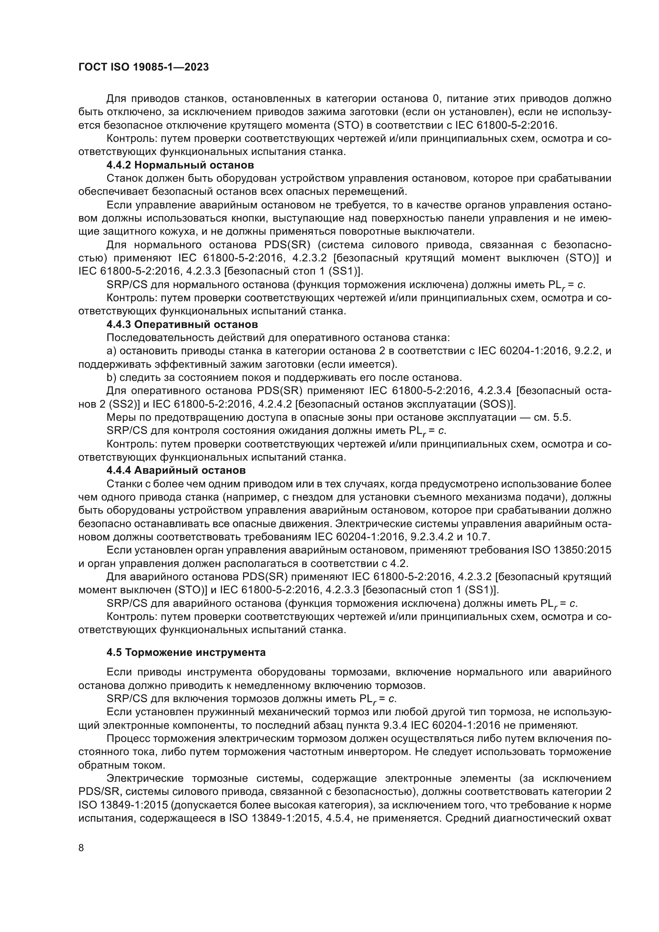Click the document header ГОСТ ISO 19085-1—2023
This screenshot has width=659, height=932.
[143, 67]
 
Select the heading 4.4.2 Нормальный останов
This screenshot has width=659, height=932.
[180, 165]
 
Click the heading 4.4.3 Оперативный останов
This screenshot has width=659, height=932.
[182, 324]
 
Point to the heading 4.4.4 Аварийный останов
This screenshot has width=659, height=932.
[176, 471]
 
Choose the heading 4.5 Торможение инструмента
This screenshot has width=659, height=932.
[186, 652]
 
